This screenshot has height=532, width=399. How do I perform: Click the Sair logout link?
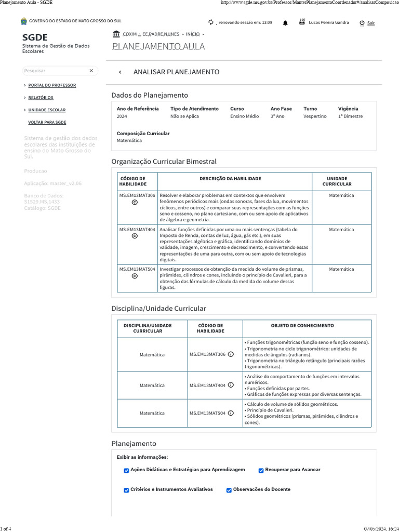tap(370, 23)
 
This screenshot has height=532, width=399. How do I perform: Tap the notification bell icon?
tap(285, 23)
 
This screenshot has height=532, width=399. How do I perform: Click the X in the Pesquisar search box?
tap(91, 71)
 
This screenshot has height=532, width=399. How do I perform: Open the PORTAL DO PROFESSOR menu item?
tap(52, 85)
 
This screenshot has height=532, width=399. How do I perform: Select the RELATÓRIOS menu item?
tap(41, 98)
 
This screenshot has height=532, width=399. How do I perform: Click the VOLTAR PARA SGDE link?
tap(47, 123)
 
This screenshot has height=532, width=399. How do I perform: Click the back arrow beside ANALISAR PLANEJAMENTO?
tap(120, 72)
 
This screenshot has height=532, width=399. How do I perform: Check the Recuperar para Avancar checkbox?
tap(261, 470)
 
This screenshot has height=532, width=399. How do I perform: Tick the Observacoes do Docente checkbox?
tap(229, 490)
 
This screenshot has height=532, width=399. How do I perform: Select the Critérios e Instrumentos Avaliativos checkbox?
tap(126, 490)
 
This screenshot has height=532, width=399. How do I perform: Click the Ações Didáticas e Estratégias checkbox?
tap(126, 470)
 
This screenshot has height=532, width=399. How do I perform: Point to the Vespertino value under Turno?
tap(315, 116)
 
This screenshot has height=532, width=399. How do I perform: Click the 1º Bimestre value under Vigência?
tap(351, 116)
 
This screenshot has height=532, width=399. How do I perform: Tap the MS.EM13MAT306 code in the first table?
tap(137, 195)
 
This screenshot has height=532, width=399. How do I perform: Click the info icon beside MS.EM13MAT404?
tap(231, 385)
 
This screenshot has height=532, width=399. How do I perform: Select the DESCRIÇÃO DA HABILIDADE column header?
tap(230, 179)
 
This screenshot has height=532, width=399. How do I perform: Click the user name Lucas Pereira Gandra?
tap(329, 23)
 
